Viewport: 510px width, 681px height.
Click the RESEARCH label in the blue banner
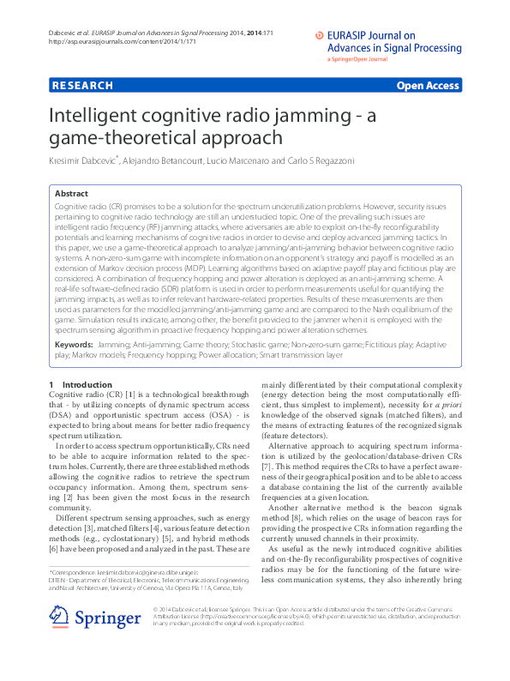click(82, 86)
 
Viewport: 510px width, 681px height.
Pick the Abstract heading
click(72, 194)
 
